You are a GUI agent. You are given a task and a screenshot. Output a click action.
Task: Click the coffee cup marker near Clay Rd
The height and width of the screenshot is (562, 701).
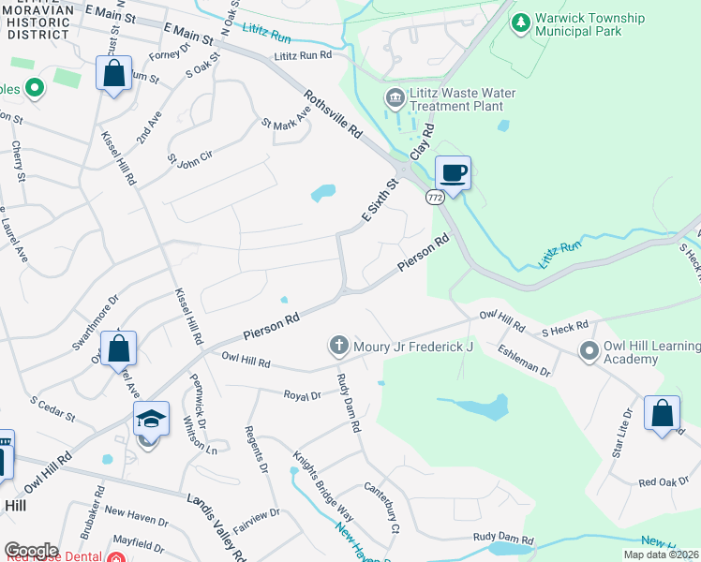click(x=453, y=173)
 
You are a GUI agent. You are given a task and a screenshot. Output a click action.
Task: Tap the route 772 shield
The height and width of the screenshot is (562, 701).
click(x=434, y=198)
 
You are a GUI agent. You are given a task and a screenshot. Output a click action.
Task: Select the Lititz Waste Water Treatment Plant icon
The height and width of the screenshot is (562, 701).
click(x=395, y=97)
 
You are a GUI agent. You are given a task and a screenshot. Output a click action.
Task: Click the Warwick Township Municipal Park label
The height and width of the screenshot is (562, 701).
click(x=590, y=24)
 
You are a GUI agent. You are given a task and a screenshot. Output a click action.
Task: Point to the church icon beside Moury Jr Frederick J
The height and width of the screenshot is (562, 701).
click(x=339, y=347)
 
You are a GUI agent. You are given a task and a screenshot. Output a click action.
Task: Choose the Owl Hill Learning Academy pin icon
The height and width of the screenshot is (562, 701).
click(x=589, y=351)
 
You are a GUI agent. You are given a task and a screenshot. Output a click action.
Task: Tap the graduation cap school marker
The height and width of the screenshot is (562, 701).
click(x=150, y=419)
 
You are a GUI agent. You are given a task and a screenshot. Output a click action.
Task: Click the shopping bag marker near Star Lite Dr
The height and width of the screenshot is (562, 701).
click(x=662, y=412)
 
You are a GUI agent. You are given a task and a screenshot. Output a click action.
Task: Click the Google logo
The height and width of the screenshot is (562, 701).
click(x=31, y=551)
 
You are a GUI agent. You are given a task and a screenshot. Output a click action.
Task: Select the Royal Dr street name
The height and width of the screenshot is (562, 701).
click(x=303, y=396)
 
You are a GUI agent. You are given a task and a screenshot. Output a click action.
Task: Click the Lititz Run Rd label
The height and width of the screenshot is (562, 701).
click(x=303, y=56)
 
